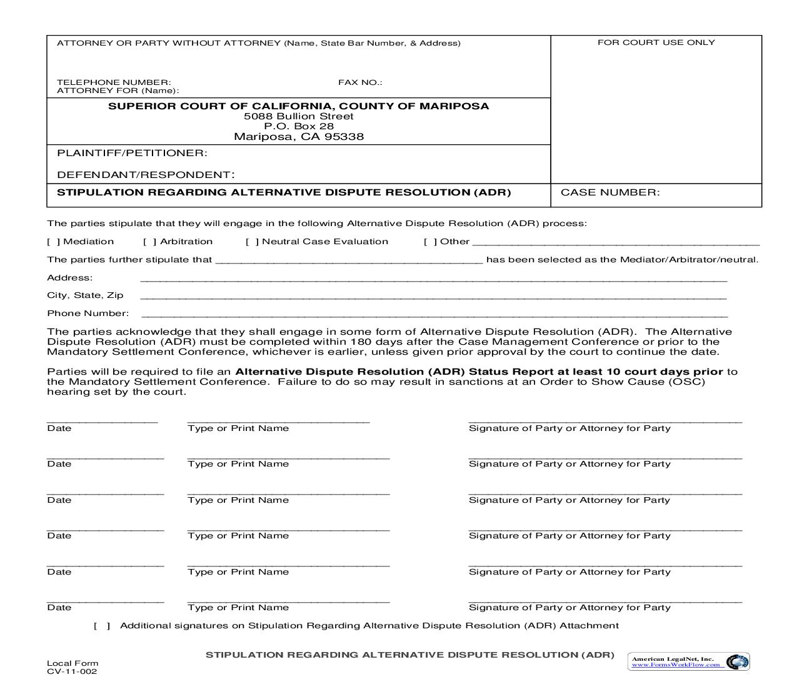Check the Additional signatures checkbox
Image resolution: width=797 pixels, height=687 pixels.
pos(102,626)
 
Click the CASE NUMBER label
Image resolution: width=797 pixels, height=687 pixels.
pos(610,192)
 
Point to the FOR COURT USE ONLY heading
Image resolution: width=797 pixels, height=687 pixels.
pos(656,42)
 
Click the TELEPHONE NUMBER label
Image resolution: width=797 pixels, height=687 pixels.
pos(114,82)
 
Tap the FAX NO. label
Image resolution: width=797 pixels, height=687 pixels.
pos(360,82)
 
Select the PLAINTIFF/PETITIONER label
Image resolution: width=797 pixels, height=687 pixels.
pos(132,153)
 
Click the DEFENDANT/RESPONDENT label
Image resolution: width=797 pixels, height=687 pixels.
pos(146,175)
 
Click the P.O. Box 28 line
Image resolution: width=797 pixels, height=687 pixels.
pos(299,126)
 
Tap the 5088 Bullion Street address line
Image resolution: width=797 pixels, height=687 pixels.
pos(299,116)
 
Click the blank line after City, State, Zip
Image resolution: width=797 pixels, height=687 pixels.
pos(434,297)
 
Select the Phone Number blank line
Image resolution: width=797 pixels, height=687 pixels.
pos(434,315)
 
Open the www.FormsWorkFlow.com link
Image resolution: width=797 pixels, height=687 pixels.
pos(676,665)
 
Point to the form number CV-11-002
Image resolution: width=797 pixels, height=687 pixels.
pos(72,672)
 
